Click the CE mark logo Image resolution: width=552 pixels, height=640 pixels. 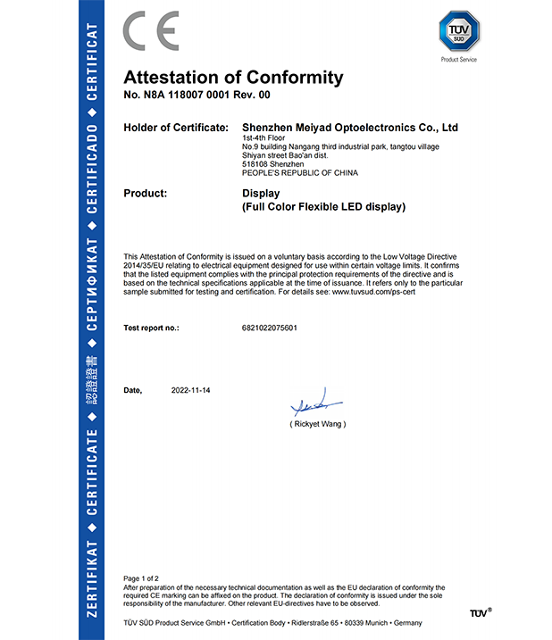coord(151,31)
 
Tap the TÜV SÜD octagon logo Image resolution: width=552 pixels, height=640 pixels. coord(458,32)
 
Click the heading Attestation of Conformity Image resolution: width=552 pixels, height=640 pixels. coord(233,77)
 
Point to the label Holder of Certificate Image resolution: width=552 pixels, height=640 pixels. coord(176,128)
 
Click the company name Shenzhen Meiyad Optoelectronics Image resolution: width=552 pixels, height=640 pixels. coord(349,128)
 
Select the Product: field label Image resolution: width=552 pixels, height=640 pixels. coord(146,193)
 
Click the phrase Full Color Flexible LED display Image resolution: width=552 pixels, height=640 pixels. coord(324,207)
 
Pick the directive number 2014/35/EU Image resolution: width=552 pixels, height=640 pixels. coord(144,266)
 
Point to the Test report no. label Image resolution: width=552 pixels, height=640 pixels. coord(151,328)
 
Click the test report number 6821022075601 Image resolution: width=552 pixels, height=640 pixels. coord(269,328)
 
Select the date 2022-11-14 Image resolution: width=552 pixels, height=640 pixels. coord(191,391)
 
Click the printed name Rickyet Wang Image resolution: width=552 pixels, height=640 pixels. coord(317,424)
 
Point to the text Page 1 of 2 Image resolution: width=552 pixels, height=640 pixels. coord(141,579)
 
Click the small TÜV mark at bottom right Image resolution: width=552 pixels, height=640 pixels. coord(480,613)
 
